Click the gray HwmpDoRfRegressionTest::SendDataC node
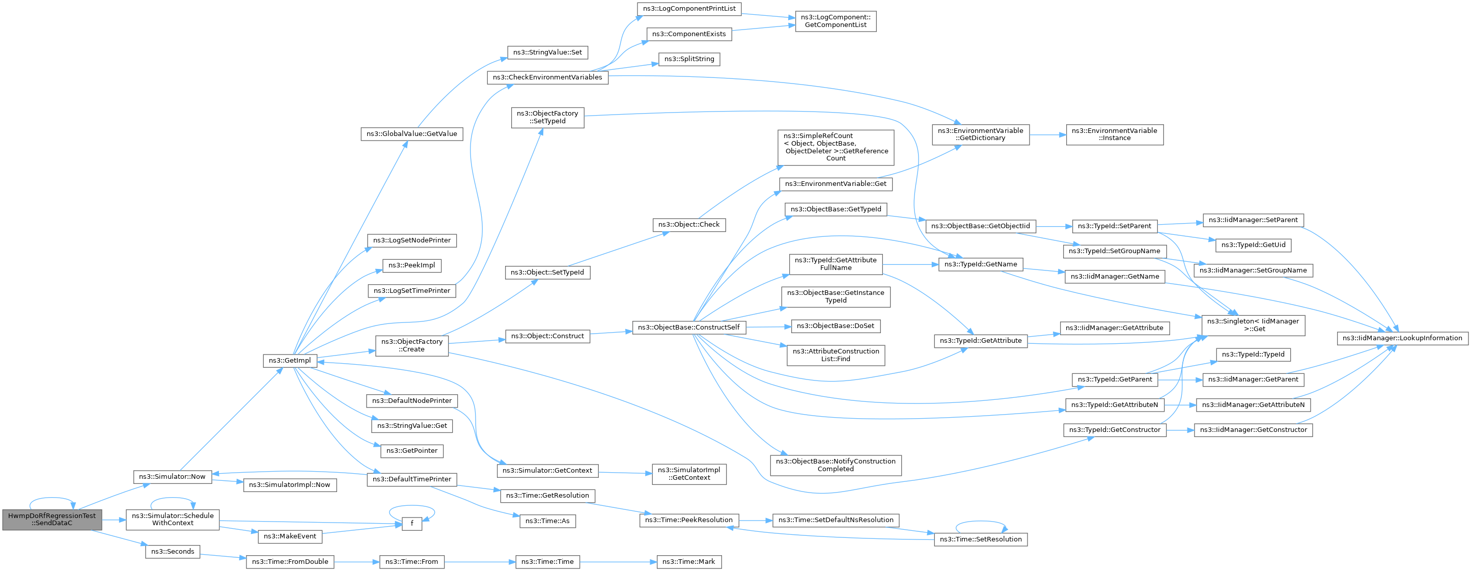(52, 520)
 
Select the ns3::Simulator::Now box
(173, 477)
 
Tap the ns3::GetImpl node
(290, 361)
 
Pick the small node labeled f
(412, 523)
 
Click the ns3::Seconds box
(173, 552)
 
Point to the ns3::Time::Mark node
(689, 562)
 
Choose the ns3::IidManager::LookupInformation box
(1402, 338)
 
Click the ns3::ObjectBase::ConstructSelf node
(689, 328)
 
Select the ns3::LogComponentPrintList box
(689, 9)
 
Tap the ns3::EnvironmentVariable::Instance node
(1115, 135)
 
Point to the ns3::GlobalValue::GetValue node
(412, 134)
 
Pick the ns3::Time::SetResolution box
(981, 539)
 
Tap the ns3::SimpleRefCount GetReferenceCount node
(836, 147)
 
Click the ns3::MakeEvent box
(290, 537)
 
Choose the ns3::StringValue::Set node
(548, 52)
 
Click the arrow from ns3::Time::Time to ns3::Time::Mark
(619, 562)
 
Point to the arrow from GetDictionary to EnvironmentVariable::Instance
(1048, 135)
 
